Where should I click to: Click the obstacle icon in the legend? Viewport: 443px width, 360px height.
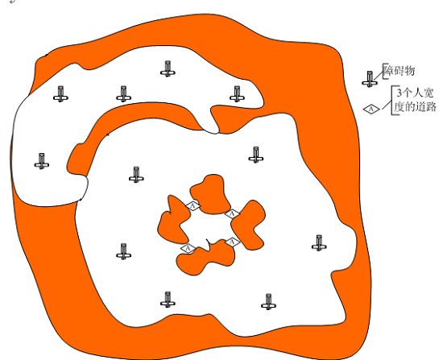click(370, 79)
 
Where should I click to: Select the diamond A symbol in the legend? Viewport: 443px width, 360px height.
click(371, 109)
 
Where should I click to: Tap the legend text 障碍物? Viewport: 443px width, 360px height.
click(399, 71)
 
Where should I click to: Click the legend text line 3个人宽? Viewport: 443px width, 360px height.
click(415, 93)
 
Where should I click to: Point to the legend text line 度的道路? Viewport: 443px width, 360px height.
click(416, 107)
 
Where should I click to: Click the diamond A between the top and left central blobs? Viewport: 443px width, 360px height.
click(193, 205)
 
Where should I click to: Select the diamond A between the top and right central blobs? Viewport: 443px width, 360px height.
click(232, 214)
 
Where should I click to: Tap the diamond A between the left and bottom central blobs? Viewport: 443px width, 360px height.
click(188, 248)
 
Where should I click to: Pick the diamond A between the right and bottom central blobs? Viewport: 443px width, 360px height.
click(233, 242)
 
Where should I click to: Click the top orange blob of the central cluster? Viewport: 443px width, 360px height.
click(210, 194)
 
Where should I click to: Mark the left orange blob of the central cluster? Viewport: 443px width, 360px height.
click(173, 221)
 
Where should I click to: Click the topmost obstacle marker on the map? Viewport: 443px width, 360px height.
click(168, 68)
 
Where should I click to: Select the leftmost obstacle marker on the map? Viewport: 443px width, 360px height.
click(42, 161)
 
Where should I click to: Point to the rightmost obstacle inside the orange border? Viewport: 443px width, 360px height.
click(319, 243)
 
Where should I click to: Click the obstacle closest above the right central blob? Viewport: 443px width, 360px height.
click(256, 155)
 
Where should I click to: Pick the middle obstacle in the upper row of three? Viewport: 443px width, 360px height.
click(123, 93)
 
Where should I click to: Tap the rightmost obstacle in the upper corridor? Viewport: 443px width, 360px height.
click(237, 93)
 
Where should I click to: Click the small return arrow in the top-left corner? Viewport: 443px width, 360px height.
click(12, 2)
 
